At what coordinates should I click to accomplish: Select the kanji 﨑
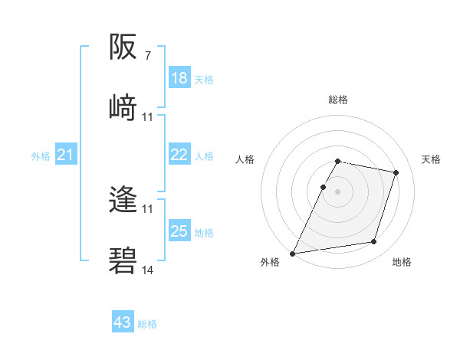coord(123,106)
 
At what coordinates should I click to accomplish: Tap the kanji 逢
coord(123,200)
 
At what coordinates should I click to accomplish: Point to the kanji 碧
coord(123,261)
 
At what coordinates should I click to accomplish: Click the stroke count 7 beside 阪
coord(148,56)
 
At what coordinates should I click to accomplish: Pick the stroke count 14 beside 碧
coord(148,270)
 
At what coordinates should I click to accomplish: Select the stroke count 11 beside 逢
coord(148,208)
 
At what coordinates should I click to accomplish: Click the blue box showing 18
coord(179,78)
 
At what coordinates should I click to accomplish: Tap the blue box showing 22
coord(179,155)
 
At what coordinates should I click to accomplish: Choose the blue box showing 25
coord(179,231)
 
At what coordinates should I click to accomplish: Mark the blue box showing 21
coord(65,155)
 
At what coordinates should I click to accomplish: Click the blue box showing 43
coord(123,322)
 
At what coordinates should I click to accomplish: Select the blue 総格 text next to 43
coord(147,324)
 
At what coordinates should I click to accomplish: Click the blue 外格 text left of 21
coord(41,156)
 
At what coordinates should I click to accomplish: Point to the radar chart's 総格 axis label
coord(338,100)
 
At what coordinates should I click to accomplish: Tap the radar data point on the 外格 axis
coord(293,254)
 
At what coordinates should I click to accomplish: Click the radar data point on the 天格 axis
coord(396,172)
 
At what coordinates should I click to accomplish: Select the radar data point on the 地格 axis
coord(374,242)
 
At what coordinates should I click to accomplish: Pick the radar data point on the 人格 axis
coord(323,187)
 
